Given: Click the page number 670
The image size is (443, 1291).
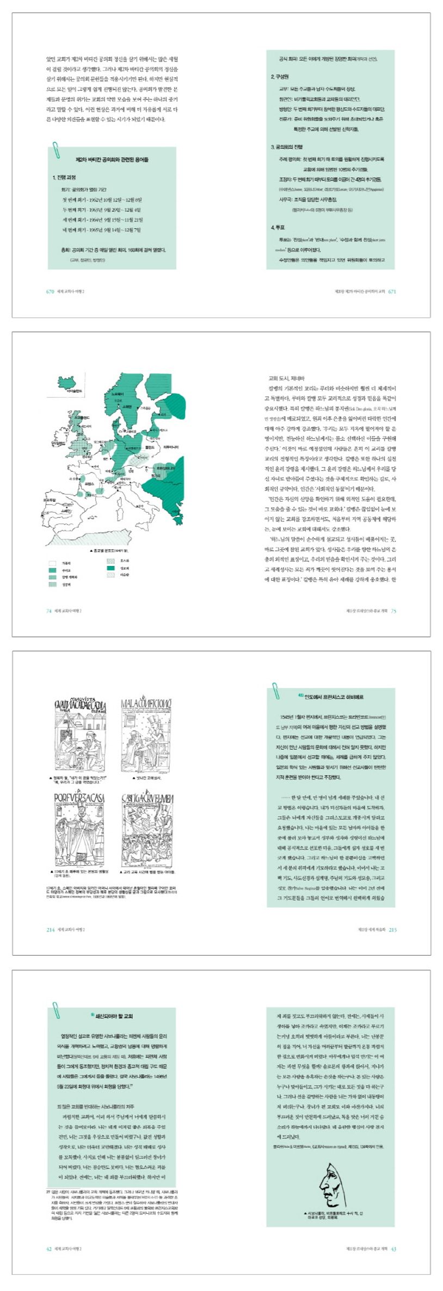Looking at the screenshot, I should [x=50, y=291].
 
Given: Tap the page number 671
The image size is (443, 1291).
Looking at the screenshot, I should [x=392, y=291].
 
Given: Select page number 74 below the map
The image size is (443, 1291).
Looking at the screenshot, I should [x=48, y=611].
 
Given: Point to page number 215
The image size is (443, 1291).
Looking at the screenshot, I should [x=392, y=930].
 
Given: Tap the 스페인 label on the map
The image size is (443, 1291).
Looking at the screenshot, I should [x=66, y=511].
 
